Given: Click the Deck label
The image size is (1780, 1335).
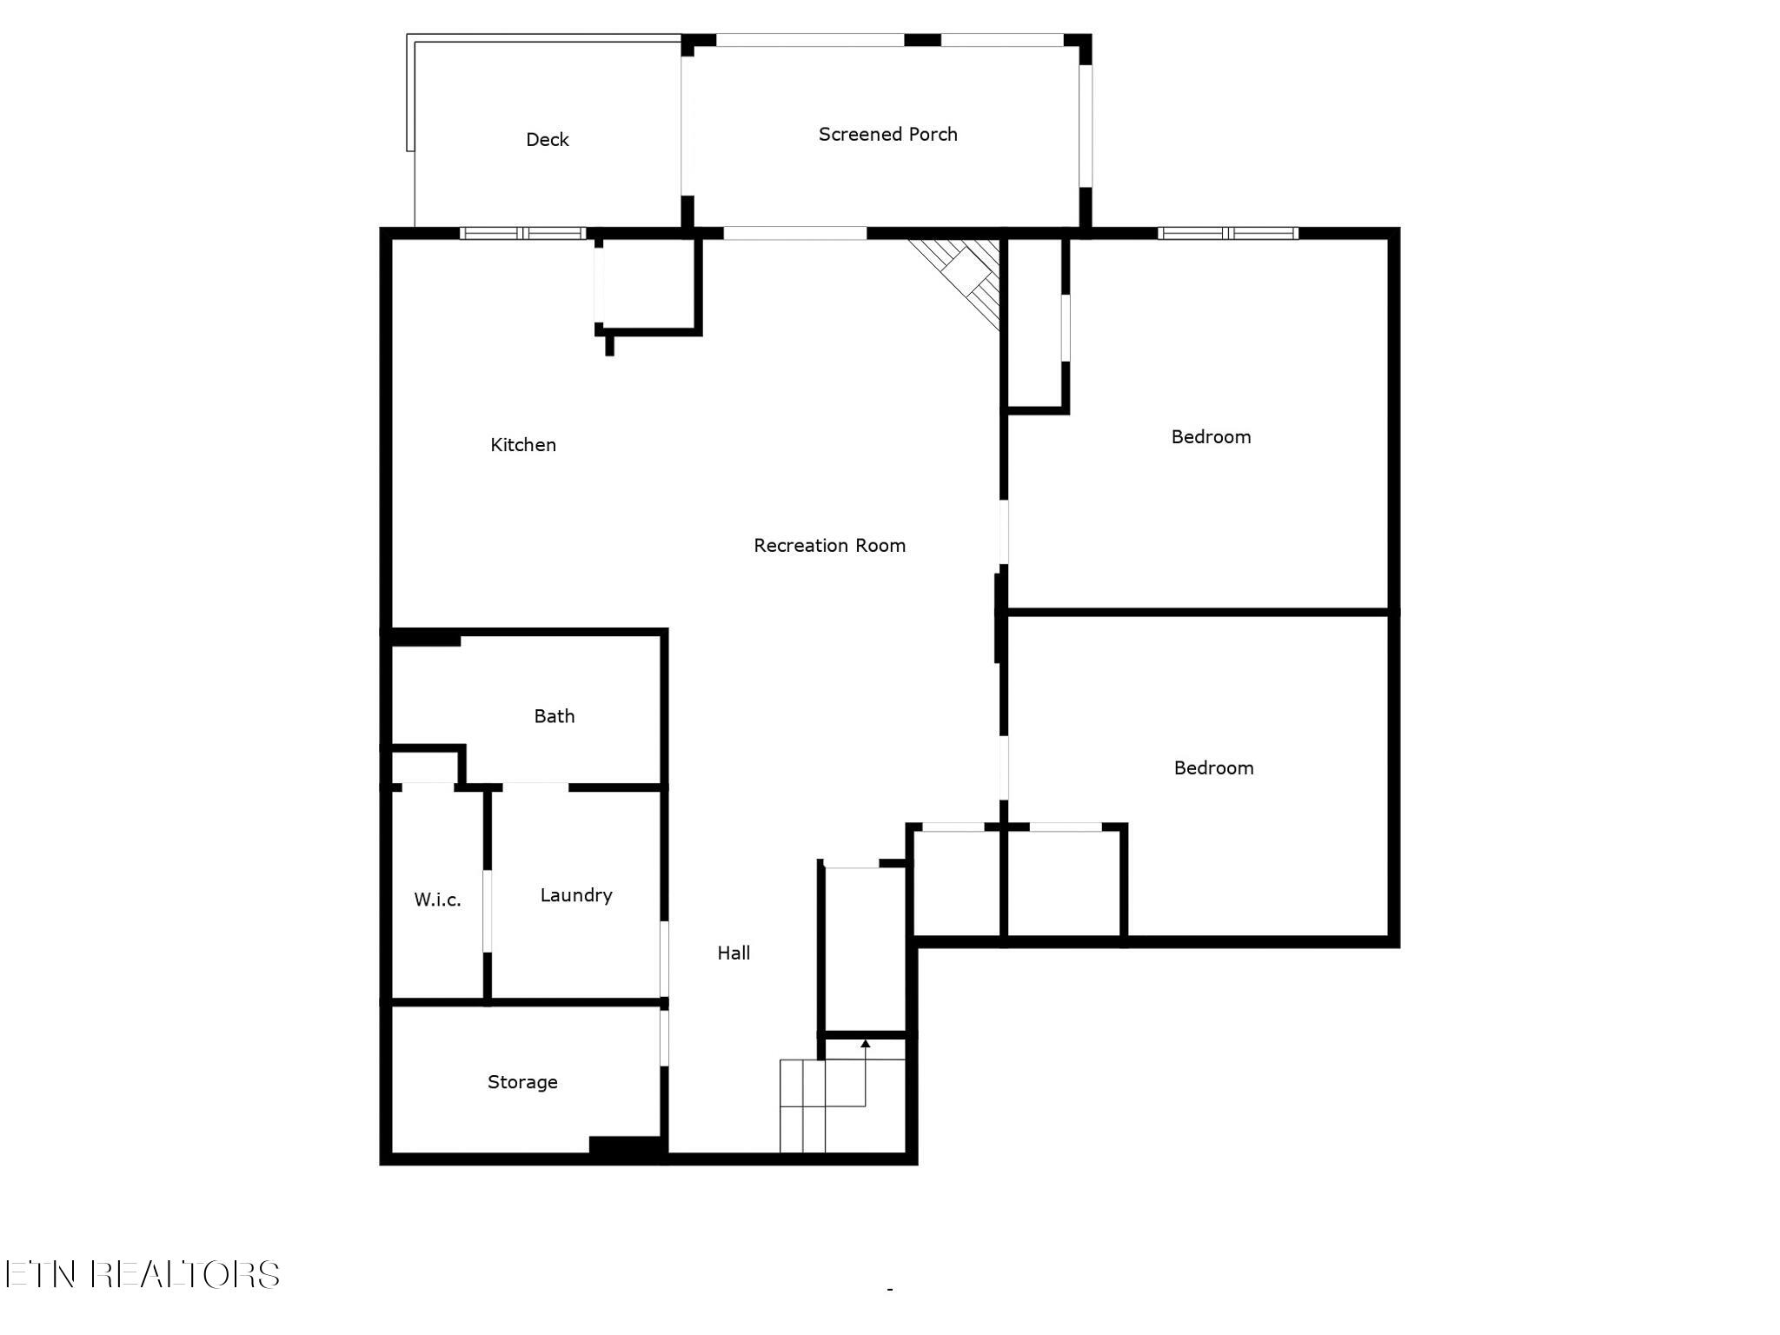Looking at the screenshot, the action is [x=548, y=140].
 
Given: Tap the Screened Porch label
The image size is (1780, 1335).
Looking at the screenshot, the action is [x=888, y=135].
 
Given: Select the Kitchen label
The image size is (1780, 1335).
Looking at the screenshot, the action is [x=523, y=445].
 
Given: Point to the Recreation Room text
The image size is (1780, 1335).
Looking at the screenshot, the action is [x=830, y=546].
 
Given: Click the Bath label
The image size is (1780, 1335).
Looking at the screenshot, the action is [x=555, y=716].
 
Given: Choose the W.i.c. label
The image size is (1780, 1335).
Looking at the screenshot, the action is [x=437, y=900].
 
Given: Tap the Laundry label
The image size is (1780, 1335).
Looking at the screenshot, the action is [x=576, y=895].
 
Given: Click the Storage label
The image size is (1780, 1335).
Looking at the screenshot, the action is [x=522, y=1082].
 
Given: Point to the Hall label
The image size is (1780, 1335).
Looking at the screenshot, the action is [x=734, y=953].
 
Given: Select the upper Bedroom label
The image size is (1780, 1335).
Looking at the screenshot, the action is [x=1212, y=437].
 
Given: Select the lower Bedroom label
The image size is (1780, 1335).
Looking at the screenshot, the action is [x=1214, y=768].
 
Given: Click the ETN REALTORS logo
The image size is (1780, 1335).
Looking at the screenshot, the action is [x=142, y=1275].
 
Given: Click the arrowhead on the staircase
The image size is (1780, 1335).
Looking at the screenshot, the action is [x=866, y=1044].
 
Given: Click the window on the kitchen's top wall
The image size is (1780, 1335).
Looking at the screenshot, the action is [x=522, y=233].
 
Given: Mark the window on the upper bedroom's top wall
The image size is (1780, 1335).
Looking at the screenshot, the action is [x=1228, y=233].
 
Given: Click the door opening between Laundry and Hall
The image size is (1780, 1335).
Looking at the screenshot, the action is [x=664, y=959].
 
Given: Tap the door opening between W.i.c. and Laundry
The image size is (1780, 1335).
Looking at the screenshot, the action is [x=487, y=911].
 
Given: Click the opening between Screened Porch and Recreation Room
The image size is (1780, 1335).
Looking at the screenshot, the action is [x=795, y=233].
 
